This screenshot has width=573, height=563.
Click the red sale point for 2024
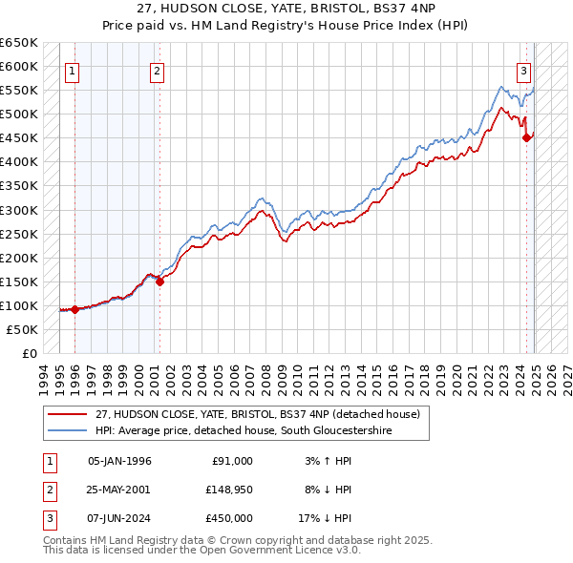pyautogui.click(x=526, y=138)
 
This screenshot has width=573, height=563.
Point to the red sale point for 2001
pyautogui.click(x=159, y=281)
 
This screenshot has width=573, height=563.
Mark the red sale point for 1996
pyautogui.click(x=75, y=309)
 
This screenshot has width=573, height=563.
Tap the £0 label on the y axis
pyautogui.click(x=28, y=353)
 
